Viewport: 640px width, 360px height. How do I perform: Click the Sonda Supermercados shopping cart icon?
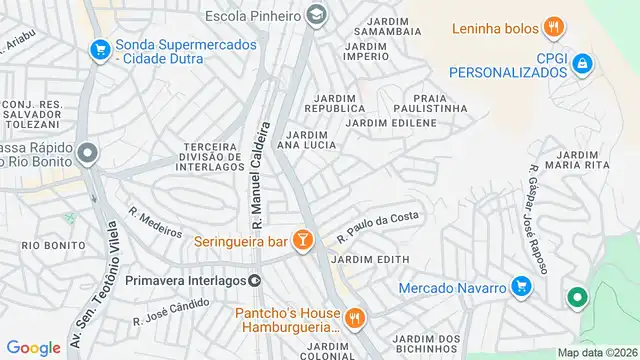pos(100,48)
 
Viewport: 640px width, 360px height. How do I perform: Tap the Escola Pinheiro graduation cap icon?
pos(317,14)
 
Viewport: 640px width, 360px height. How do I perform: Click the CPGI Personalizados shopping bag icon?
pos(583,66)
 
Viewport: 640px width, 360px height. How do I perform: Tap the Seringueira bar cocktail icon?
pos(304,241)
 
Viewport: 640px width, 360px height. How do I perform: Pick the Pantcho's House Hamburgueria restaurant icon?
pos(355,319)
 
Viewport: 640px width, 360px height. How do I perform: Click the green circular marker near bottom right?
pos(577,297)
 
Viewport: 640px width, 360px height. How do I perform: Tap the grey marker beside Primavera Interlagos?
pos(255,282)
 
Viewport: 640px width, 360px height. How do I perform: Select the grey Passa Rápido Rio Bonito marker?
pos(87,154)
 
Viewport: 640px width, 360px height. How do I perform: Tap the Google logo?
pos(33,347)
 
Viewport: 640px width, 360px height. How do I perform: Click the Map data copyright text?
pos(596,352)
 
